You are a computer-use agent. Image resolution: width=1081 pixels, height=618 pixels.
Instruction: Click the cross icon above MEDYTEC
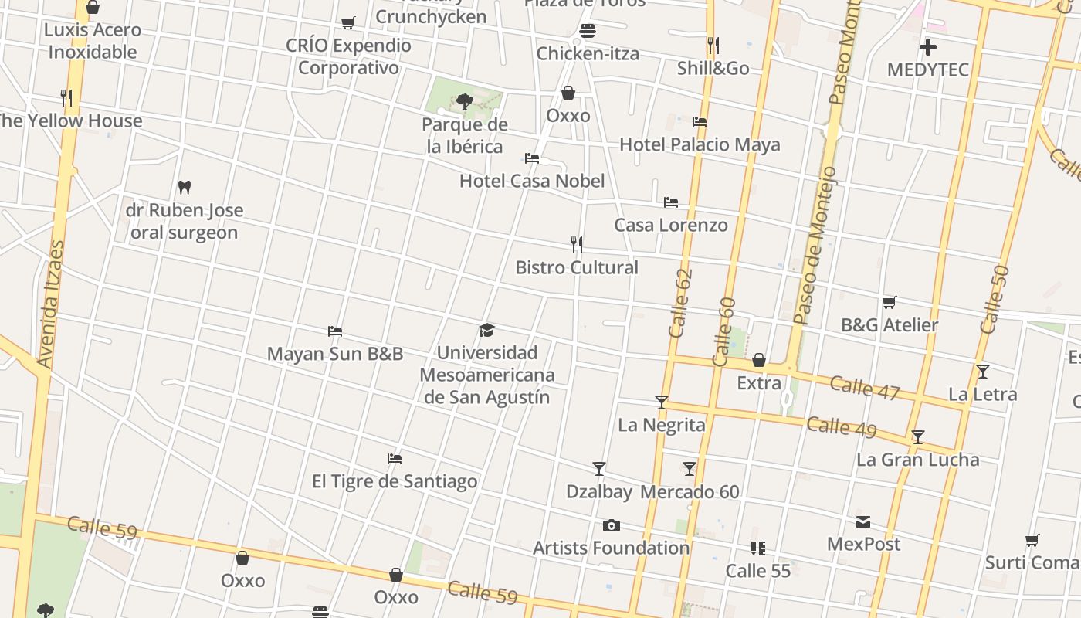tap(927, 47)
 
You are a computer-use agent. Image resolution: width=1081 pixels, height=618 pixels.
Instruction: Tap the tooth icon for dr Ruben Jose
tap(184, 187)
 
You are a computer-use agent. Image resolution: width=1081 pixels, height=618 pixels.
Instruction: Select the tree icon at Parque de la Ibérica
tap(464, 101)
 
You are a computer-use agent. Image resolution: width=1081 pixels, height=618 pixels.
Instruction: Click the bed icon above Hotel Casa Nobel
tap(531, 158)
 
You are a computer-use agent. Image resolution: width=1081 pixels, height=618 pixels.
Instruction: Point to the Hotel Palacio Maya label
tap(700, 144)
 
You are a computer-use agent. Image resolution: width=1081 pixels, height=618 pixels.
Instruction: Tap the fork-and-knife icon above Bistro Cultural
tap(576, 245)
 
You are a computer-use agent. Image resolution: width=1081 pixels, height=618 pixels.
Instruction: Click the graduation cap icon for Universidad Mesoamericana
tap(486, 331)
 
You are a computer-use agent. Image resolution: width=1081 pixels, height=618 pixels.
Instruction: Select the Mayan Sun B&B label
tap(335, 354)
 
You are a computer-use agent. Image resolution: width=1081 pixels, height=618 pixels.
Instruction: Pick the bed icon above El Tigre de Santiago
tap(395, 459)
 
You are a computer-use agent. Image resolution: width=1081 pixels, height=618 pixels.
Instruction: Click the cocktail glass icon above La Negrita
tap(661, 402)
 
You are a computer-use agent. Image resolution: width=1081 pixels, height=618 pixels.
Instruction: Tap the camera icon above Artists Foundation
tap(612, 526)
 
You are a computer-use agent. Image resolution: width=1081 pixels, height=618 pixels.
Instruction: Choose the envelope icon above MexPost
tap(863, 522)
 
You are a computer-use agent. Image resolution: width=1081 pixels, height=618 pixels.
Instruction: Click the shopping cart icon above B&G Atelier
tap(889, 303)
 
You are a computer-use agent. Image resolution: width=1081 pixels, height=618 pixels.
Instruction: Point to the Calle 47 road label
tap(865, 389)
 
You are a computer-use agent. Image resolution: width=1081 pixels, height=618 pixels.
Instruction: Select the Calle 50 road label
tap(995, 300)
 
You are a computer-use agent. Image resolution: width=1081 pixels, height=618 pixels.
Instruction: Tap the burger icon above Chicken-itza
tap(588, 32)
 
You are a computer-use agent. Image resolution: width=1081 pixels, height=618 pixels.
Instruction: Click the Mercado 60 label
tap(690, 492)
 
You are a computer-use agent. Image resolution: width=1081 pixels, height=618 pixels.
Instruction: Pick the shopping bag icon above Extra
tap(759, 361)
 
